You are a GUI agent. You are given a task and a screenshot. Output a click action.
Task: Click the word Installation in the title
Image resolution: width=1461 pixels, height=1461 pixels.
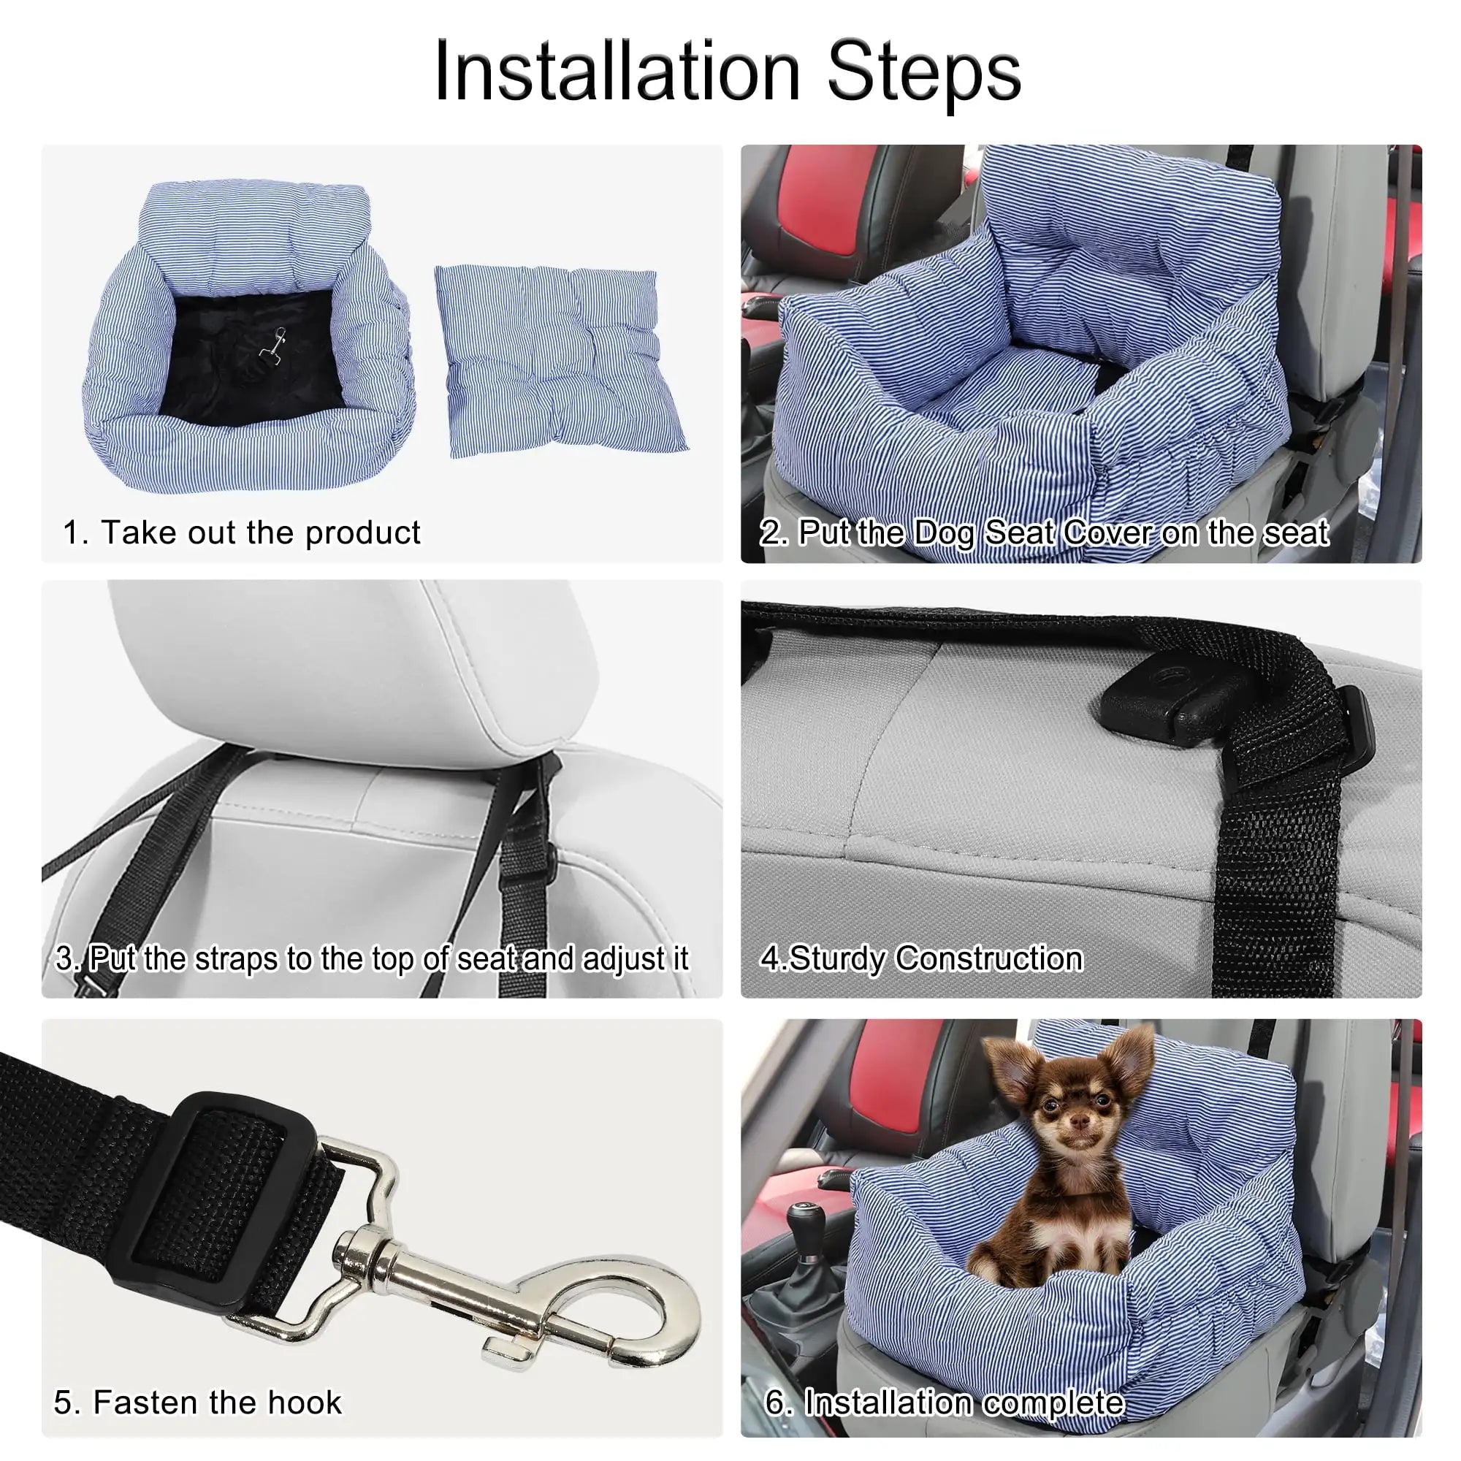click(x=617, y=72)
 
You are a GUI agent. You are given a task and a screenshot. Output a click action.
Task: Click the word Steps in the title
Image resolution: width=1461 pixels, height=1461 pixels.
click(x=924, y=72)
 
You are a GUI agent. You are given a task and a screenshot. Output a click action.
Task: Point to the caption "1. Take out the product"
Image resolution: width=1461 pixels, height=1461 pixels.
click(x=241, y=533)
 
